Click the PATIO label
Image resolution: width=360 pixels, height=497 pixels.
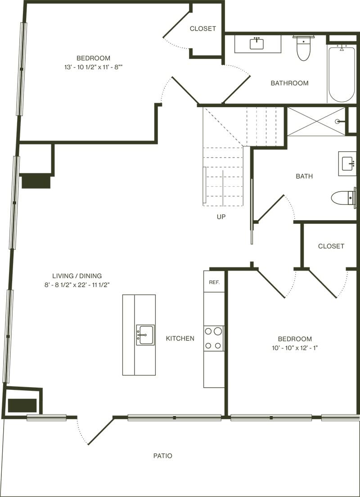tap(162, 456)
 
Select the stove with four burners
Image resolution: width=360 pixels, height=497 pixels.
tap(214, 338)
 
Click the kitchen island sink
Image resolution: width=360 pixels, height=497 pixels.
tap(145, 335)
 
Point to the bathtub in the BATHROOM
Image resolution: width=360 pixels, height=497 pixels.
tap(342, 74)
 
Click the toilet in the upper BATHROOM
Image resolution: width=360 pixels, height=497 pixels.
tap(304, 49)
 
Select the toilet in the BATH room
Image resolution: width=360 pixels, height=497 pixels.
tap(343, 197)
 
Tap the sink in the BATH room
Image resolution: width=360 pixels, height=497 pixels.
tap(347, 163)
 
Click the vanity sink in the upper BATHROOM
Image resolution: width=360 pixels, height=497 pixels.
tap(257, 44)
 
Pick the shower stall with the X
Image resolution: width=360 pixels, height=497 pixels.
tap(316, 121)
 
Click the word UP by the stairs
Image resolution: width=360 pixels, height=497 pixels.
tap(221, 217)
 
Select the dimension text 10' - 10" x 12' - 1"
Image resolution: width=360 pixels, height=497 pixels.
tap(295, 348)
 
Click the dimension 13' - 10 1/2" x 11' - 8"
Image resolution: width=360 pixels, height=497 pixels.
tap(93, 67)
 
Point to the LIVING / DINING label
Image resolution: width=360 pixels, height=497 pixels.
tap(77, 276)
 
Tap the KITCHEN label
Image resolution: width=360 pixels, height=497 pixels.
tap(180, 338)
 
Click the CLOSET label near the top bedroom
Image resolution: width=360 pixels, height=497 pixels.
tap(202, 28)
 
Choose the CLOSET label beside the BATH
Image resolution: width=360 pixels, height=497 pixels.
tap(331, 246)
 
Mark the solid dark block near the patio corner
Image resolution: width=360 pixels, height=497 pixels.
tap(22, 405)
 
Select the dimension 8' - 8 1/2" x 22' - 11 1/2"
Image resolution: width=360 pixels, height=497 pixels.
tap(77, 285)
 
